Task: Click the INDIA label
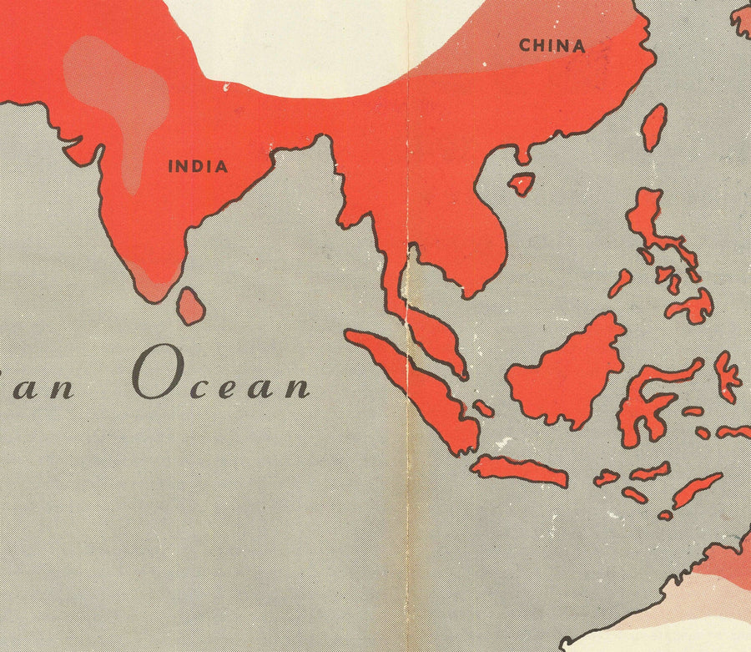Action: pos(198,166)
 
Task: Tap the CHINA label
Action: pos(552,45)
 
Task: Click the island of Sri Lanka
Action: pos(191,306)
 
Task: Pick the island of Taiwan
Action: pos(655,128)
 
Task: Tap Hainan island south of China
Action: pos(522,184)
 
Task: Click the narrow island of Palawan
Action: pos(620,284)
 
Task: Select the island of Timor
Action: pos(697,489)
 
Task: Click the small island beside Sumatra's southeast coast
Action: pos(483,408)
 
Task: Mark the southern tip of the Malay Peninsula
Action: pos(461,375)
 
